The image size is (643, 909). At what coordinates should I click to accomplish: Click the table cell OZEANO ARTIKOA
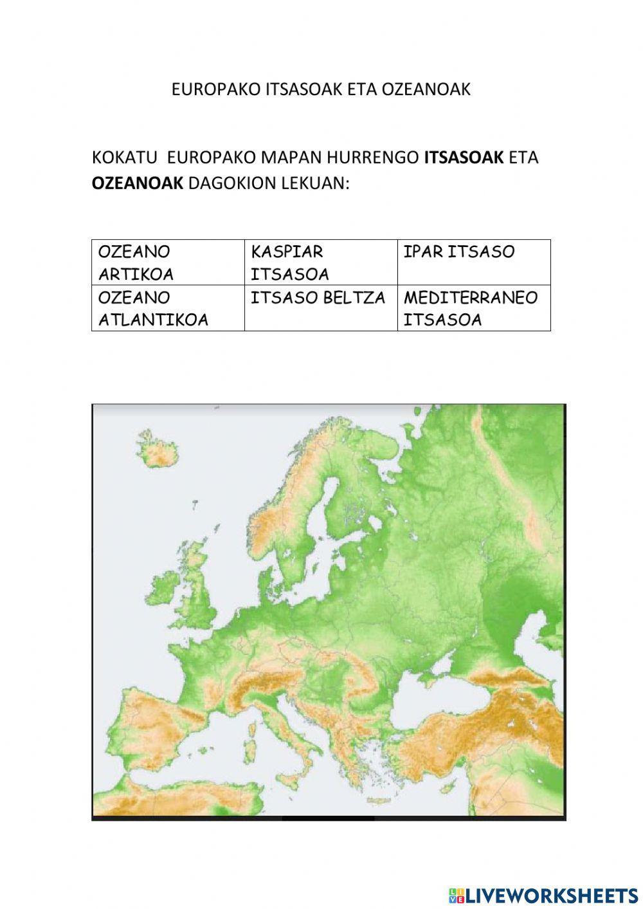(x=168, y=262)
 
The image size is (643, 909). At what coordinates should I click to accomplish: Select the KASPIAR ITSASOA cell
(x=321, y=262)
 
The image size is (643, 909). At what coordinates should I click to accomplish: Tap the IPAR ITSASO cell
(x=474, y=262)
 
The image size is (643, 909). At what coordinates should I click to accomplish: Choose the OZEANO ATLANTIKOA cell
(x=168, y=308)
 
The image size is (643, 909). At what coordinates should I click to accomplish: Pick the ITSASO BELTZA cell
(x=321, y=308)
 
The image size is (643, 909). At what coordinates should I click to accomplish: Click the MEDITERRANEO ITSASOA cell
(x=474, y=308)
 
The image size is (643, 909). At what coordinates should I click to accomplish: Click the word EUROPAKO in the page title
(x=216, y=89)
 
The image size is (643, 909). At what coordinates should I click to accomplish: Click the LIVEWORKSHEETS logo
(x=543, y=895)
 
